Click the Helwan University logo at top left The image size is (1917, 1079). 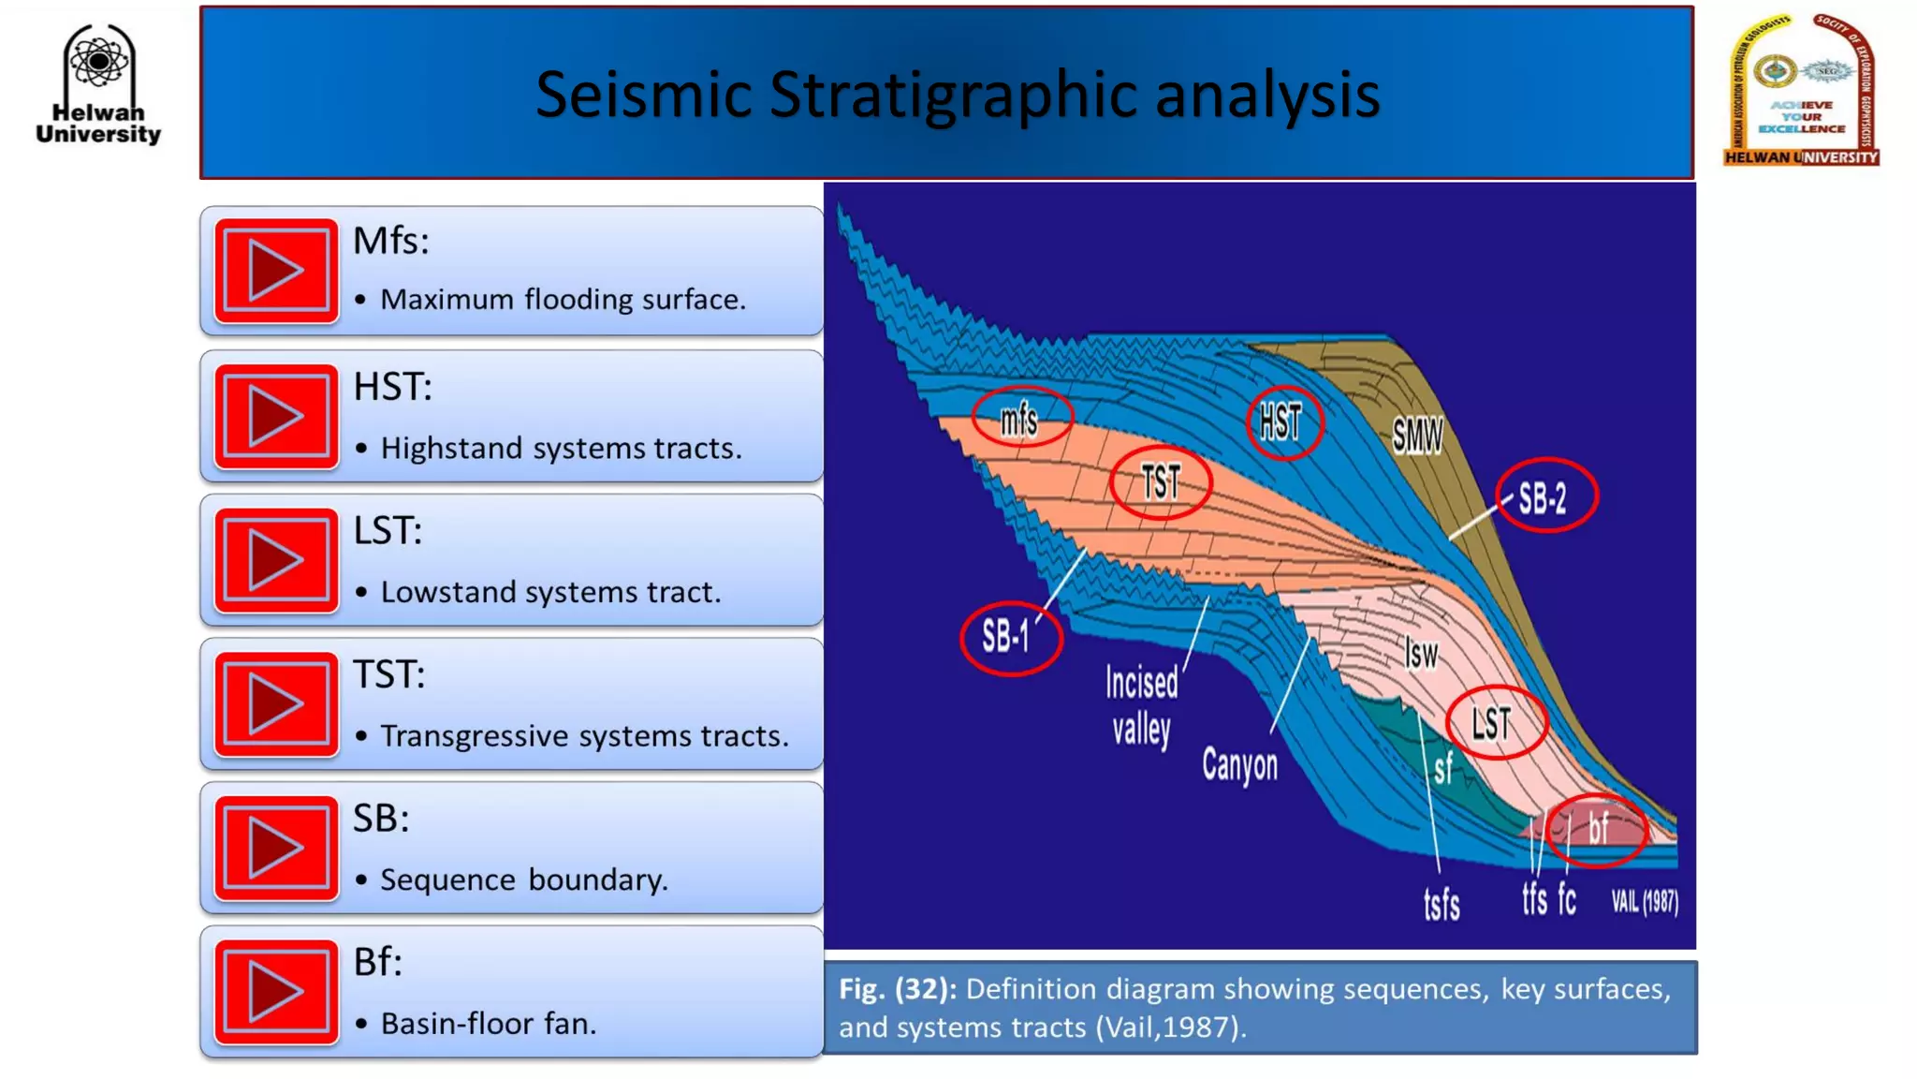(x=98, y=84)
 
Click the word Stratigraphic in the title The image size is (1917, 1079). (x=955, y=96)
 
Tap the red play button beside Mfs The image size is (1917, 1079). (x=276, y=272)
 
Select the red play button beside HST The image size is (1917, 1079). (x=276, y=417)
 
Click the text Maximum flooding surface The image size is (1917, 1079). (x=563, y=300)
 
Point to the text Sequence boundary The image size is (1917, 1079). (x=523, y=880)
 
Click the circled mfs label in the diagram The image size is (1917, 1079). (x=1020, y=418)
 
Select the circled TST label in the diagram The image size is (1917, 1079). (x=1161, y=483)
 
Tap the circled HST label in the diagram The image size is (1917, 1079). (x=1282, y=422)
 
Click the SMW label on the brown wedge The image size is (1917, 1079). (x=1417, y=436)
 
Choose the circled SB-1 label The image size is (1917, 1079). (x=1009, y=638)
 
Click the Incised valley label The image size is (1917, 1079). (x=1142, y=705)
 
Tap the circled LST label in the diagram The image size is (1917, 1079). (x=1494, y=723)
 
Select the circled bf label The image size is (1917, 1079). (x=1597, y=829)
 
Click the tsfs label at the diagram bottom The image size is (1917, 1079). (x=1441, y=905)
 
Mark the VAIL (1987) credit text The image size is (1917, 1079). (x=1644, y=902)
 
